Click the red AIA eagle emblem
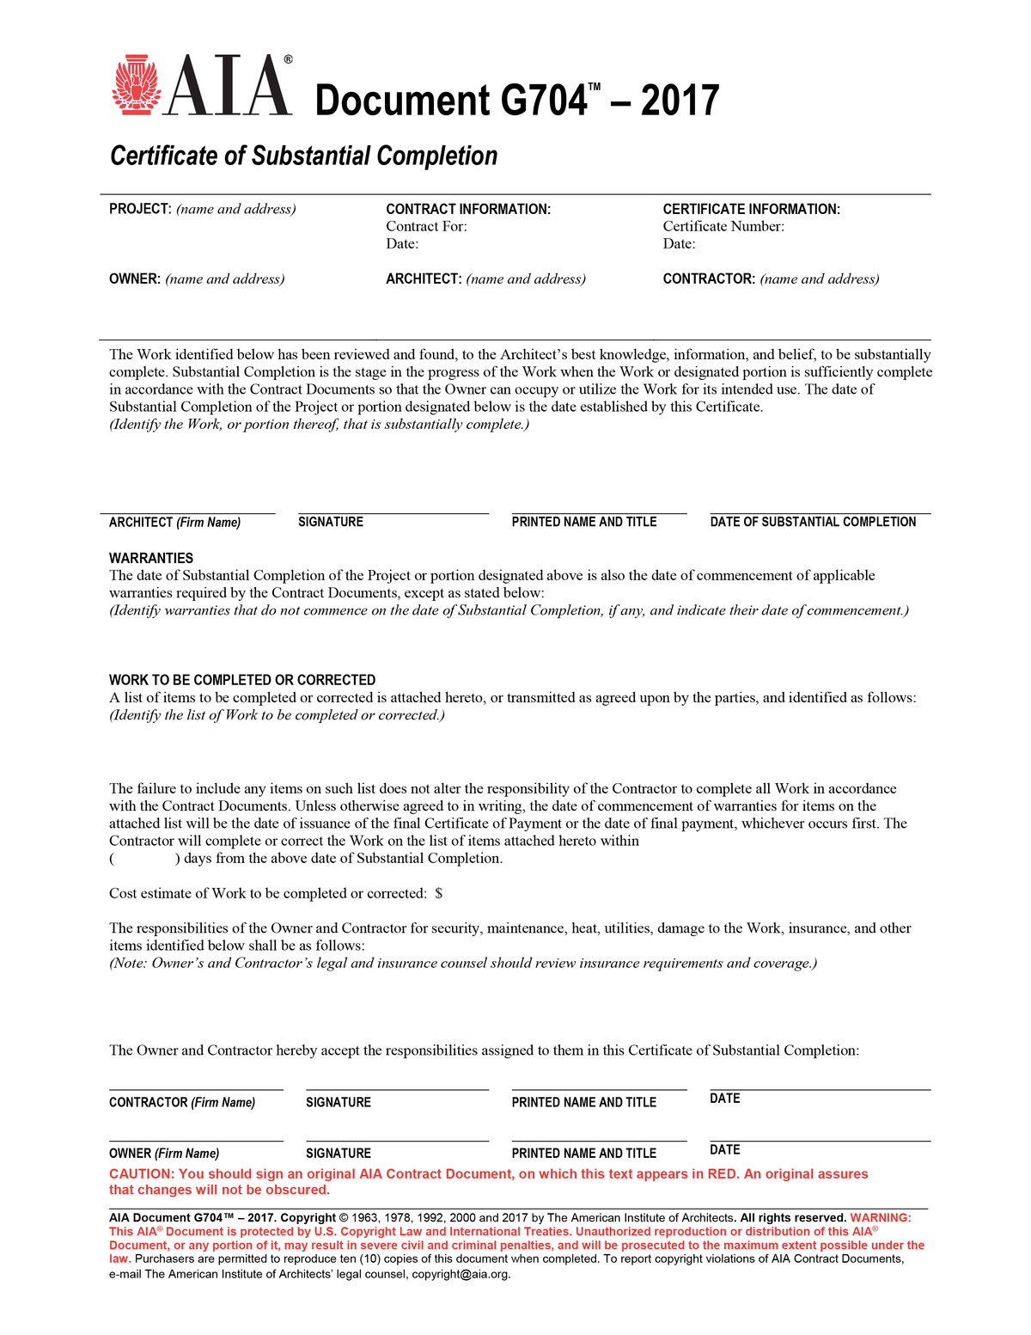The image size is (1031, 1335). [x=136, y=86]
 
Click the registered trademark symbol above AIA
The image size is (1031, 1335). [x=288, y=59]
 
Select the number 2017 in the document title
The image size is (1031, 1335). [x=680, y=101]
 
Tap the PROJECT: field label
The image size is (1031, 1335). [x=140, y=209]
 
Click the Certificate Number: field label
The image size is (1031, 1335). [x=723, y=226]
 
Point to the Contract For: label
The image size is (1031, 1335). [x=426, y=226]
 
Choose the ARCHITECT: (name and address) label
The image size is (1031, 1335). [x=485, y=279]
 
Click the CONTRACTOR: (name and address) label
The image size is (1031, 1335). [x=771, y=279]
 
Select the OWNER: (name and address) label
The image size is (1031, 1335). [x=197, y=279]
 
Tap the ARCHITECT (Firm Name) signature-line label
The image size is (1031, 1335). [x=174, y=523]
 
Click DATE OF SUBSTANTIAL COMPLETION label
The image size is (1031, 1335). [x=813, y=522]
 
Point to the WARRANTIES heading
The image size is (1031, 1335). [x=151, y=558]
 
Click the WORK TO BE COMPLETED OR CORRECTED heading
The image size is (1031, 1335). [x=242, y=680]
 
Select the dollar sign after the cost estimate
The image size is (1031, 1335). [x=439, y=893]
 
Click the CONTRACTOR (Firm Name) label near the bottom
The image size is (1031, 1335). [x=182, y=1102]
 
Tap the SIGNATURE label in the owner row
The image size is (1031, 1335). [x=339, y=1154]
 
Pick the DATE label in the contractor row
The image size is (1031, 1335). [x=725, y=1099]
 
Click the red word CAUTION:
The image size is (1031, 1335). [x=142, y=1174]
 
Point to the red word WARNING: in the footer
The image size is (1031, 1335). [x=881, y=1218]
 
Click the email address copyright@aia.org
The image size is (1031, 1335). [x=461, y=1274]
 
